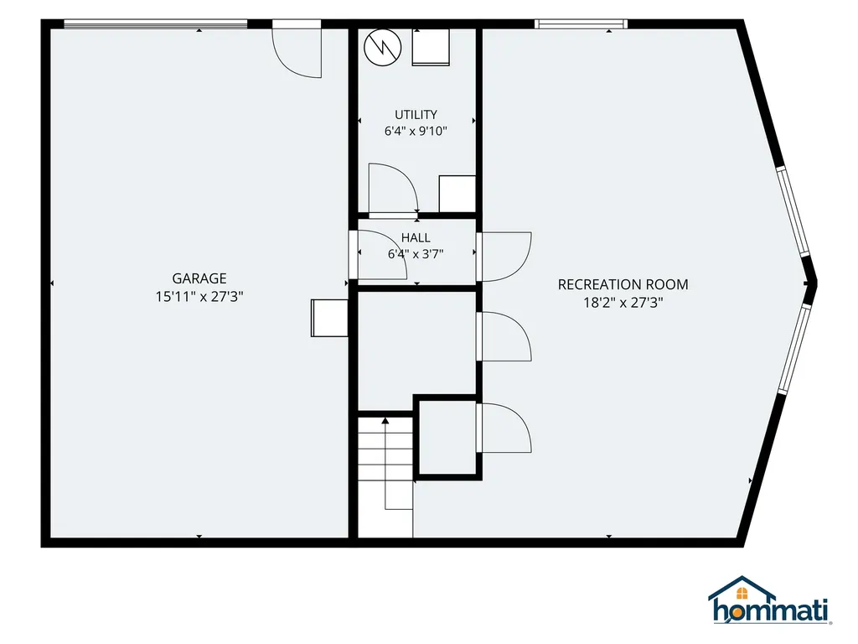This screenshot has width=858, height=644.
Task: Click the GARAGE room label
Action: point(199,278)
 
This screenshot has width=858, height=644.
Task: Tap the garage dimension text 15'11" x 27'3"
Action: point(199,297)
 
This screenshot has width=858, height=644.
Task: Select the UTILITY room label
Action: point(416,114)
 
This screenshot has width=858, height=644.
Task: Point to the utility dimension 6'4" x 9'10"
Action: point(416,131)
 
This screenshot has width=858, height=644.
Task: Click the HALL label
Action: point(416,237)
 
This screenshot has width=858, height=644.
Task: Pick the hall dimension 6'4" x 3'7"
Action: point(416,254)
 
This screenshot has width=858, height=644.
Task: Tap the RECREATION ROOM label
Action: point(623,285)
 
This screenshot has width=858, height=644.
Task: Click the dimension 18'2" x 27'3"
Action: point(623,303)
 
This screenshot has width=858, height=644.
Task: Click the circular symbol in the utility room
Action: point(382,48)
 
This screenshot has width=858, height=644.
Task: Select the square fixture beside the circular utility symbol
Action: point(431,47)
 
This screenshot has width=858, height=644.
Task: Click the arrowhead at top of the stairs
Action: point(385,421)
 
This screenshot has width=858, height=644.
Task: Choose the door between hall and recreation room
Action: point(504,257)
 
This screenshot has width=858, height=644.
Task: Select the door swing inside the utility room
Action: point(394,187)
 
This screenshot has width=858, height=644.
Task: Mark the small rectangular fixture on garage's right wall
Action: point(329,318)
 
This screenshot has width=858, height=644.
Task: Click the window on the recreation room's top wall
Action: point(581,23)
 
